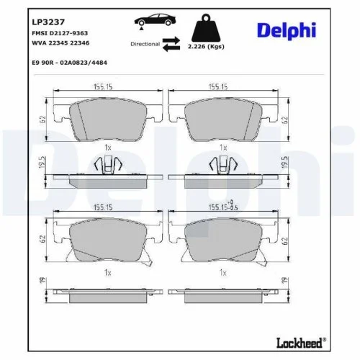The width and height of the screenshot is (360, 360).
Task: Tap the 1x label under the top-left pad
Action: point(107,148)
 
